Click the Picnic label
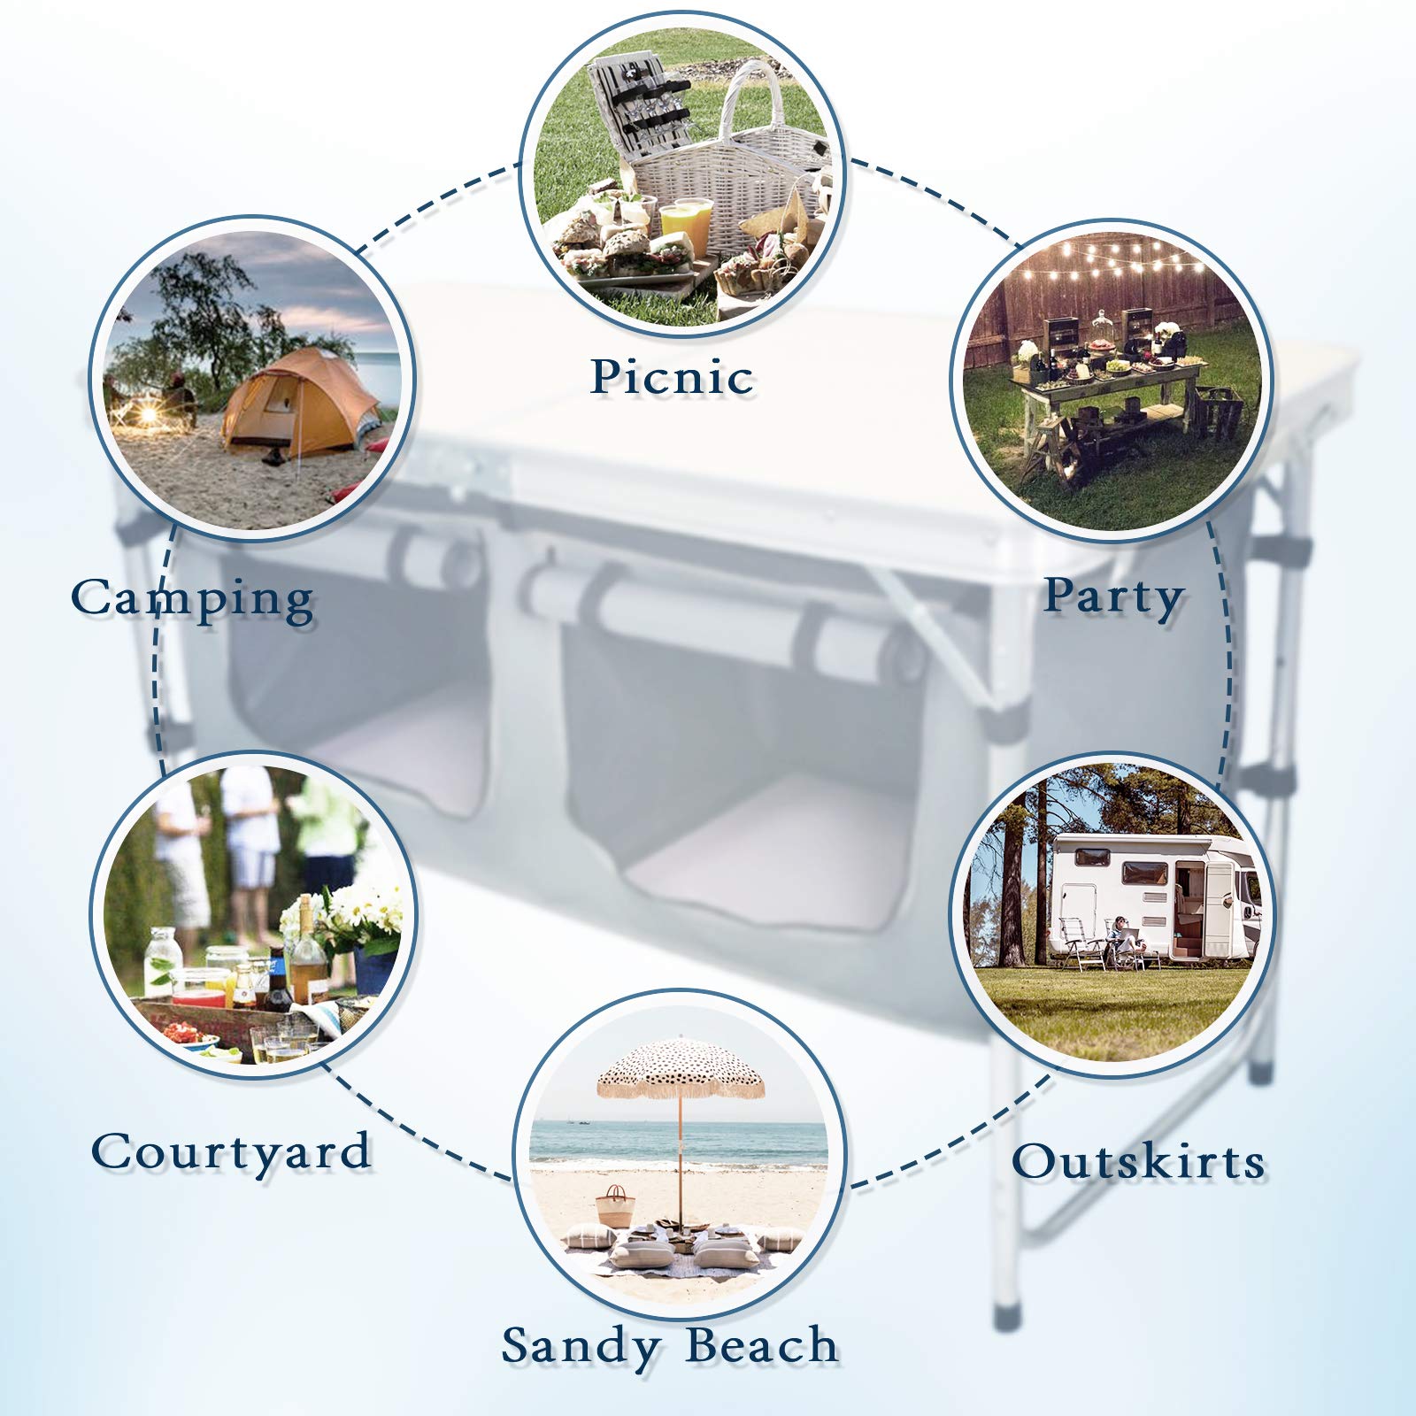point(672,377)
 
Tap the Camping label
point(192,600)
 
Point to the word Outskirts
point(1138,1161)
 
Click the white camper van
point(1150,894)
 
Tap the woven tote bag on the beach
point(615,1206)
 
